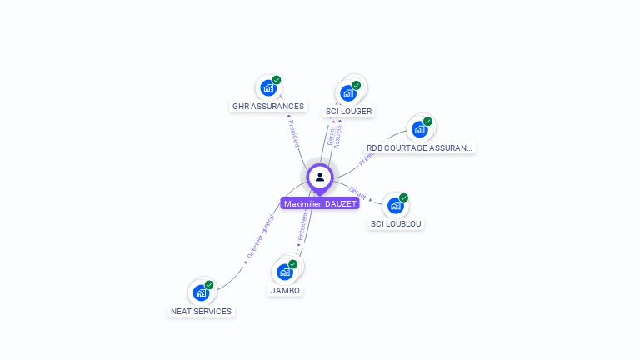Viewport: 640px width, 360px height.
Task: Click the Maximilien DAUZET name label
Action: click(x=320, y=203)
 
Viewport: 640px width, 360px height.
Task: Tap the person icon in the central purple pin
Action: click(x=320, y=177)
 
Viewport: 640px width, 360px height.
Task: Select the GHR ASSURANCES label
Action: click(x=268, y=107)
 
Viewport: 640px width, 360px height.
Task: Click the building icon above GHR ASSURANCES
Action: click(x=267, y=87)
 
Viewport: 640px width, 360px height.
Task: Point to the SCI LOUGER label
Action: click(x=349, y=111)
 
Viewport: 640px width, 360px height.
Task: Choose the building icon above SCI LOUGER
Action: click(x=348, y=92)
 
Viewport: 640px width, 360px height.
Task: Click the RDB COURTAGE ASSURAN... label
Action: click(x=420, y=148)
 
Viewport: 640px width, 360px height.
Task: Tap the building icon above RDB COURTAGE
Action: click(x=419, y=129)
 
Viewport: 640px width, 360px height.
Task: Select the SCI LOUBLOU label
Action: click(x=397, y=224)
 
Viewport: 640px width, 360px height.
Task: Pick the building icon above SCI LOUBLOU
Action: click(x=395, y=205)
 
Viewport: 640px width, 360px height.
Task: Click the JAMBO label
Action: click(x=286, y=291)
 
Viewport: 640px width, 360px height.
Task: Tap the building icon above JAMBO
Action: click(x=285, y=272)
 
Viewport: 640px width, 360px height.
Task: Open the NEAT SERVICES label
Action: click(x=202, y=311)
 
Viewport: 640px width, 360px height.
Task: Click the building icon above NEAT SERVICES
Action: click(x=200, y=292)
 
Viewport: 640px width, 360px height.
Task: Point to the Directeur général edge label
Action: click(x=260, y=237)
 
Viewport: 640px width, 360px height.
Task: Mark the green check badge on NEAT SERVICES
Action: click(x=209, y=285)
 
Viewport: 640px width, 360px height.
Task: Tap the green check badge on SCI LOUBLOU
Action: click(x=403, y=198)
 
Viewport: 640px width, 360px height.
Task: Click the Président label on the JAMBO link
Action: click(x=302, y=225)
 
